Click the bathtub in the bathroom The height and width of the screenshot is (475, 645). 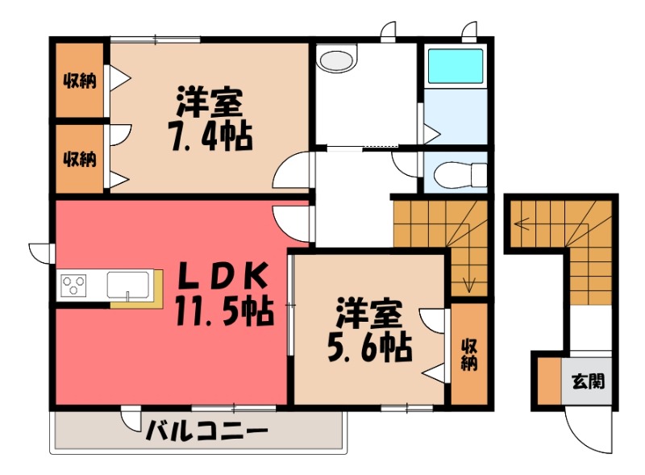tap(455, 66)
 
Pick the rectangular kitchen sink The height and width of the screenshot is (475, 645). tap(127, 285)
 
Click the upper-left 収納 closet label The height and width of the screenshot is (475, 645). tap(80, 81)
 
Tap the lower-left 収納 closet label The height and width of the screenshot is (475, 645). tap(80, 159)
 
